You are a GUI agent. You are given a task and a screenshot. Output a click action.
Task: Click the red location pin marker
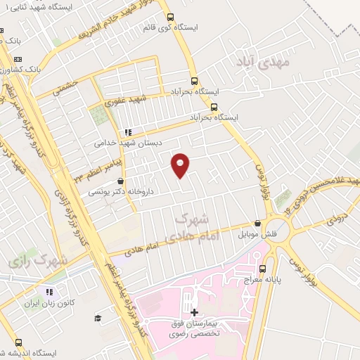(x=181, y=165)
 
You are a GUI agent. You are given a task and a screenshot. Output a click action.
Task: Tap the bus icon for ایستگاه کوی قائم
(x=169, y=18)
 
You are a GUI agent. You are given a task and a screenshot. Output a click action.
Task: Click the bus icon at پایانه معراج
(x=263, y=268)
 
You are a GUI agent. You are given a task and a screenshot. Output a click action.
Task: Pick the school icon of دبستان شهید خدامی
(x=127, y=131)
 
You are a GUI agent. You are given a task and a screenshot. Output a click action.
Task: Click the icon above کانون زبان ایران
(x=49, y=292)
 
